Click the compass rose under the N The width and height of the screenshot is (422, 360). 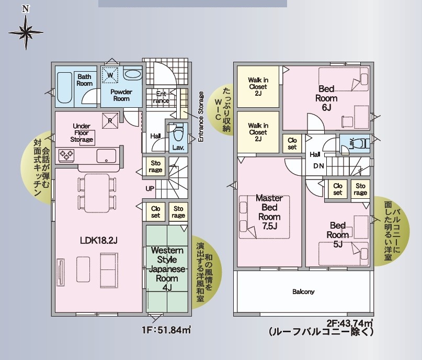(26, 32)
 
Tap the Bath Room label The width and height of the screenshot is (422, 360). (85, 80)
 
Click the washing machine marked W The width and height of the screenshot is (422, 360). (110, 75)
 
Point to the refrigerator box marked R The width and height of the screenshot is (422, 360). (110, 121)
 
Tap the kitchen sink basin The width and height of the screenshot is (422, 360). (106, 155)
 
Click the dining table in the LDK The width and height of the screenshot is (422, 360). (97, 193)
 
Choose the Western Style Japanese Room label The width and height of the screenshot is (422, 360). (167, 269)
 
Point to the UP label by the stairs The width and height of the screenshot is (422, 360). (150, 189)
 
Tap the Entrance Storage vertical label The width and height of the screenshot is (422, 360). (201, 117)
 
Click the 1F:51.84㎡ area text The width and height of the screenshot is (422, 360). (166, 330)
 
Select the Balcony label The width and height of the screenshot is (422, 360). (303, 291)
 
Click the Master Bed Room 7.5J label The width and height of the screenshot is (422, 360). (269, 212)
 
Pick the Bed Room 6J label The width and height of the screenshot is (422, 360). (326, 98)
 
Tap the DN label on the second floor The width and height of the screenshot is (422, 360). (318, 166)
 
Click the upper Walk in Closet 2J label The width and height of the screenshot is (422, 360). (258, 87)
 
